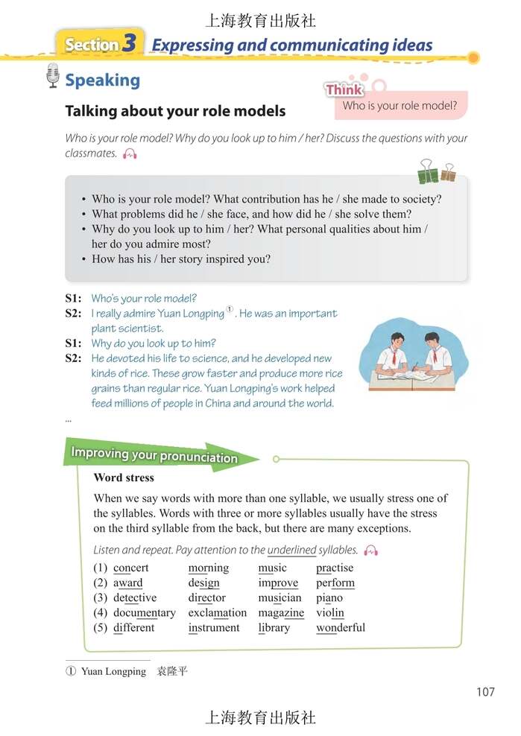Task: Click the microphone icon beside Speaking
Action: (x=52, y=76)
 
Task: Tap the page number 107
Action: (x=485, y=692)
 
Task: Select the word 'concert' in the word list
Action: (x=131, y=568)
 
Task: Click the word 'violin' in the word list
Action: (x=330, y=612)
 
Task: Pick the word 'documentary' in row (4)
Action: (x=145, y=612)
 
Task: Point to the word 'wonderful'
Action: (x=341, y=627)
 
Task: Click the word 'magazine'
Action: (x=281, y=612)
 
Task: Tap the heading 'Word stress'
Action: (x=124, y=478)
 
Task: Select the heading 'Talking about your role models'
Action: (x=175, y=111)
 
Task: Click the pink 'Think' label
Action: (x=344, y=89)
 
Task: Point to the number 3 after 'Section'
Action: (x=130, y=43)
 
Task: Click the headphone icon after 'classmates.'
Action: (x=130, y=153)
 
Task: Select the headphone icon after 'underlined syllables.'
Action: (x=370, y=551)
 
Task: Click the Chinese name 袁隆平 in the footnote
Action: (x=172, y=671)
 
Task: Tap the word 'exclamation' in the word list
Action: (x=217, y=612)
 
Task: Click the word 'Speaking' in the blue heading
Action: (x=102, y=80)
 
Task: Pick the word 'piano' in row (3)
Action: (x=329, y=597)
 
